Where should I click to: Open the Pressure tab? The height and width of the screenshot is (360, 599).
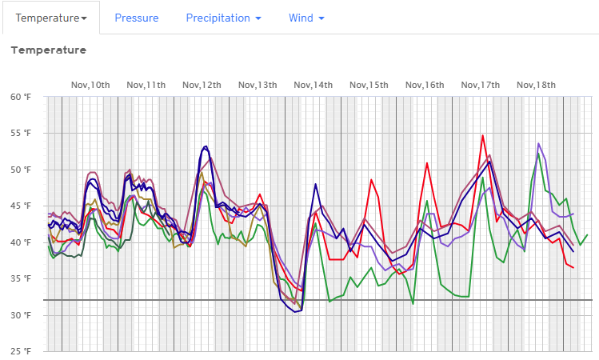(x=136, y=18)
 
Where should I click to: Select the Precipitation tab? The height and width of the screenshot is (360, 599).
(x=223, y=18)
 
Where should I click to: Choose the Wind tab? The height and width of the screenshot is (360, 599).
(x=306, y=18)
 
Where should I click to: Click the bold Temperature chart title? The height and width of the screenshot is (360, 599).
(x=48, y=50)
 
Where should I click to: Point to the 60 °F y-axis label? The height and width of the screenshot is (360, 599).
(x=21, y=97)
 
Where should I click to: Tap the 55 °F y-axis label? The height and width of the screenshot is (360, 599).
(x=21, y=133)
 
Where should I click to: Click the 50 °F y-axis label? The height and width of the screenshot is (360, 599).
(x=21, y=170)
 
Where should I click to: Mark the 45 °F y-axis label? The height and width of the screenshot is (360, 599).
(x=21, y=206)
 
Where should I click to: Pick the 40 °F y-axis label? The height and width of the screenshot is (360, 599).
(x=21, y=242)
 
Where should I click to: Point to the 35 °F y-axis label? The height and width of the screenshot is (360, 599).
(x=21, y=278)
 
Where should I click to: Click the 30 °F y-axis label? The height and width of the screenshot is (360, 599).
(x=21, y=315)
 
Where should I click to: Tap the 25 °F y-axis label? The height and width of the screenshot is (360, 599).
(x=21, y=351)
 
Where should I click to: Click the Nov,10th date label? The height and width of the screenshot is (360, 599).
(x=90, y=85)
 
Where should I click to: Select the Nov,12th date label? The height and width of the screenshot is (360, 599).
(x=202, y=85)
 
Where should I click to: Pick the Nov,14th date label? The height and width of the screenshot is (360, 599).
(x=313, y=85)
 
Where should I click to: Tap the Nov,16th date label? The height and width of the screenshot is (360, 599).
(x=424, y=85)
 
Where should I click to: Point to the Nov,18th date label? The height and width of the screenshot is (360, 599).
(x=536, y=85)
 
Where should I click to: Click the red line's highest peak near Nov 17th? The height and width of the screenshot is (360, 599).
(x=483, y=135)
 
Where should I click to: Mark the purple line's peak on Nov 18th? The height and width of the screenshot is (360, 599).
(x=539, y=144)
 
